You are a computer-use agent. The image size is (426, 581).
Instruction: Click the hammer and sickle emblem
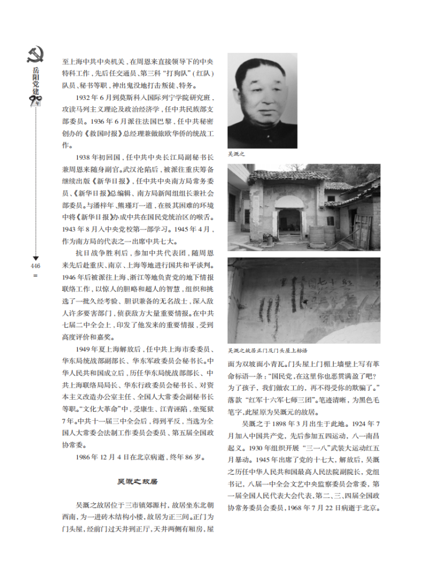click(x=35, y=55)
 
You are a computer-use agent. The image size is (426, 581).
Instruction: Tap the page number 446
click(x=35, y=265)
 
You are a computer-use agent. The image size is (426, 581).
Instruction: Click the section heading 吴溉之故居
click(x=137, y=482)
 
